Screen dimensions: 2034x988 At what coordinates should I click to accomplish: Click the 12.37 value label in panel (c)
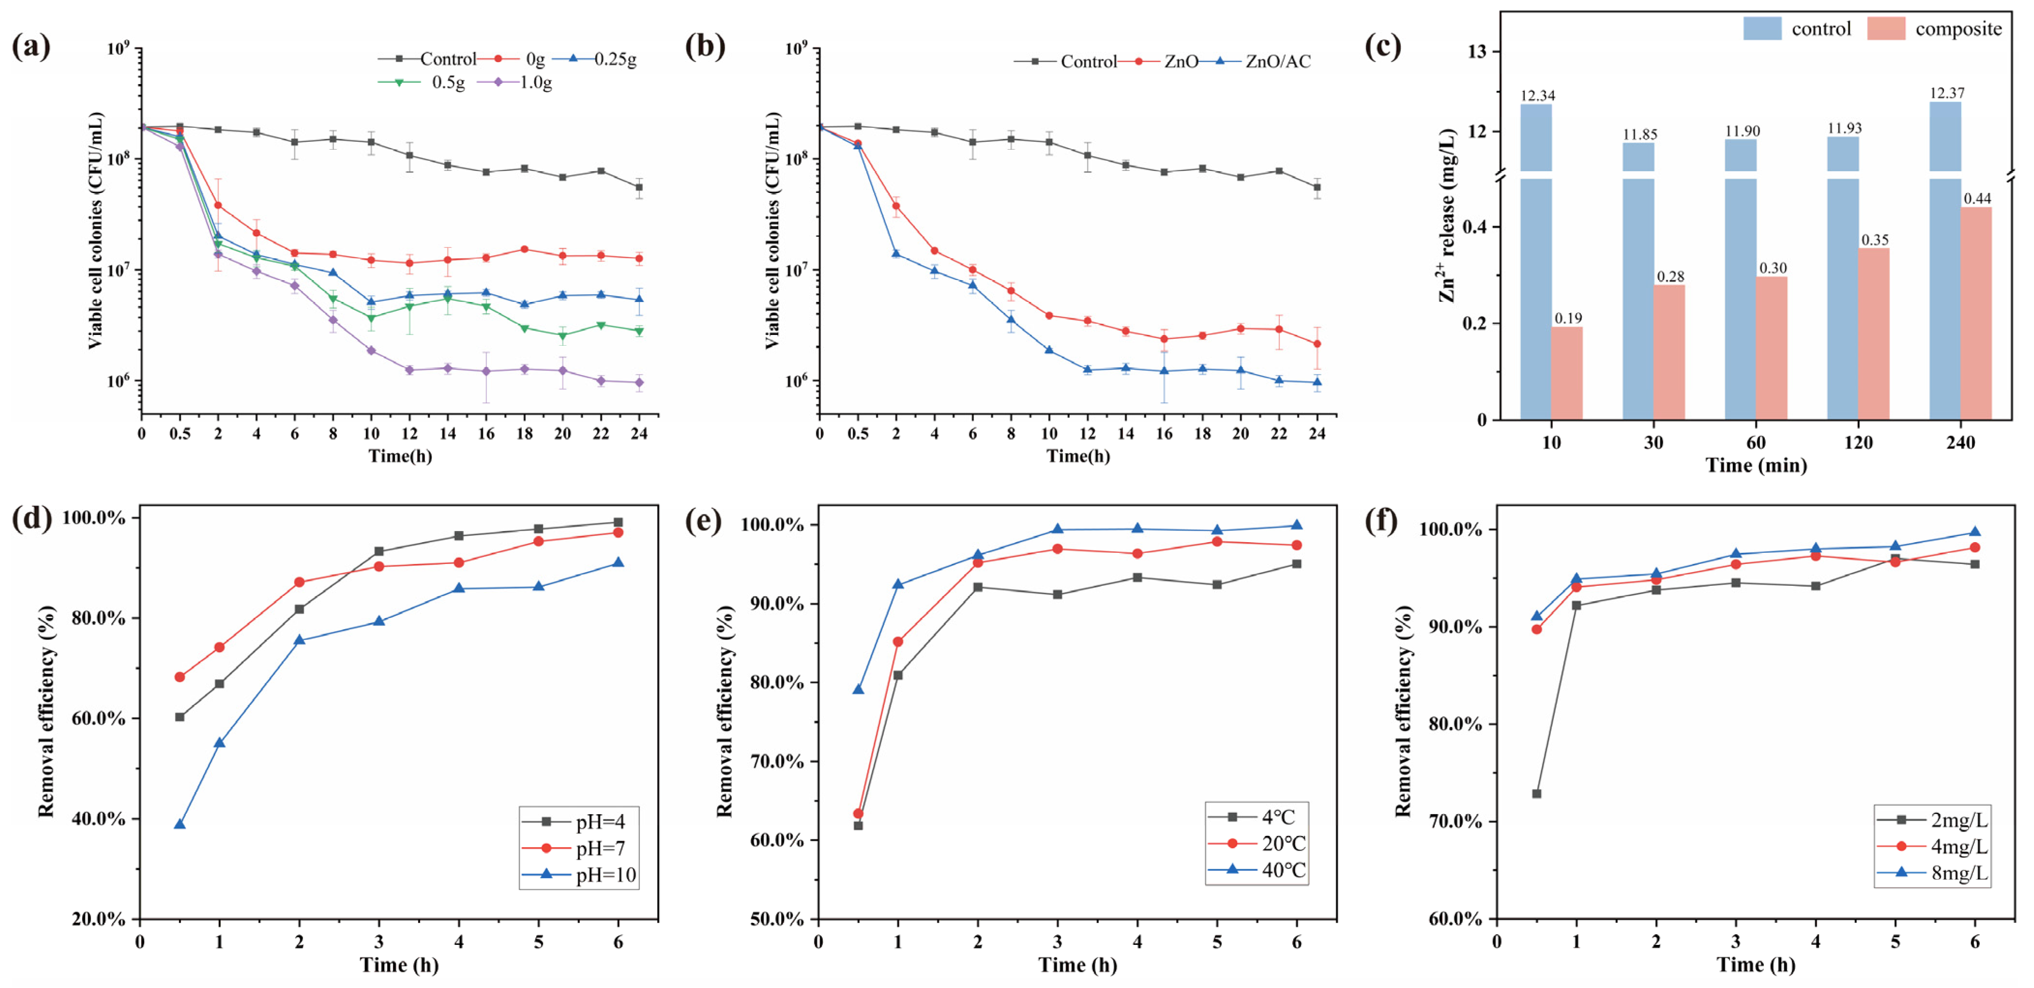pos(1946,93)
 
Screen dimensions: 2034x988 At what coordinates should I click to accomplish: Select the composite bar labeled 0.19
pos(1566,373)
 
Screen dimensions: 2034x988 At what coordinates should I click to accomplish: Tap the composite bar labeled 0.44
pos(1975,313)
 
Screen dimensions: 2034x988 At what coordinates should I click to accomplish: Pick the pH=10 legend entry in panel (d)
pos(579,874)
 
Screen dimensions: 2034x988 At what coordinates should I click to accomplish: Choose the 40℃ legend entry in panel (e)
pos(1257,869)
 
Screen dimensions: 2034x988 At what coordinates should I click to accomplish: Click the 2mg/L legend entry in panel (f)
pos(1933,820)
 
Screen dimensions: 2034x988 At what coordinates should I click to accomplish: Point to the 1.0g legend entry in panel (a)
pos(515,82)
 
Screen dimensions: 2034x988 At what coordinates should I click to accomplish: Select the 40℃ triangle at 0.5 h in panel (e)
pos(858,689)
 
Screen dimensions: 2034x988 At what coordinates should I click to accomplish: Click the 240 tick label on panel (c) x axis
pos(1960,442)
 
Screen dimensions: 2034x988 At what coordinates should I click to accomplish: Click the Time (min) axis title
pos(1756,465)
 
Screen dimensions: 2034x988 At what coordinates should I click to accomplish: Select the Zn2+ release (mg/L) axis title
pos(1446,215)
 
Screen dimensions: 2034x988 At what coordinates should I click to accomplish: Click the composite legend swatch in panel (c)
pos(1886,29)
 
